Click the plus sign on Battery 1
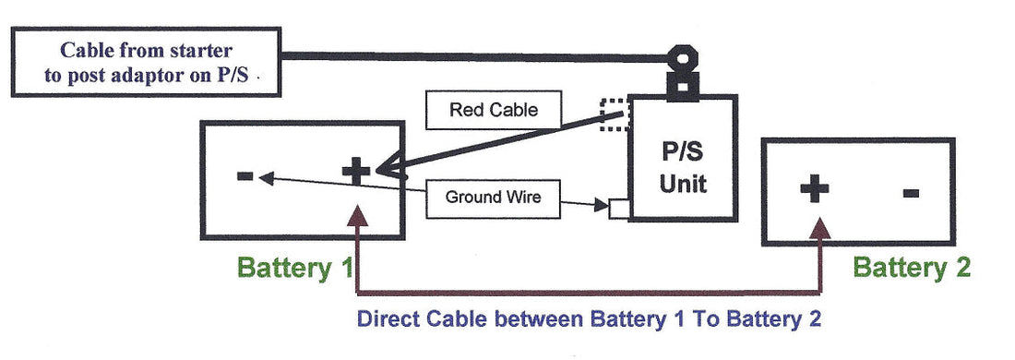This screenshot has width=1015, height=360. [355, 170]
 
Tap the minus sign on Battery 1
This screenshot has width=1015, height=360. [245, 174]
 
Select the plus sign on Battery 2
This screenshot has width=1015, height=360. [814, 189]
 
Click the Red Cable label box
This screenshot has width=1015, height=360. [493, 111]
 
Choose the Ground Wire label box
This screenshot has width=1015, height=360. [493, 197]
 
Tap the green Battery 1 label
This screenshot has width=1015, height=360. [295, 268]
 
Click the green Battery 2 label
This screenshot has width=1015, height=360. [912, 268]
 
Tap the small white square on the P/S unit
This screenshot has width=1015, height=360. [619, 209]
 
